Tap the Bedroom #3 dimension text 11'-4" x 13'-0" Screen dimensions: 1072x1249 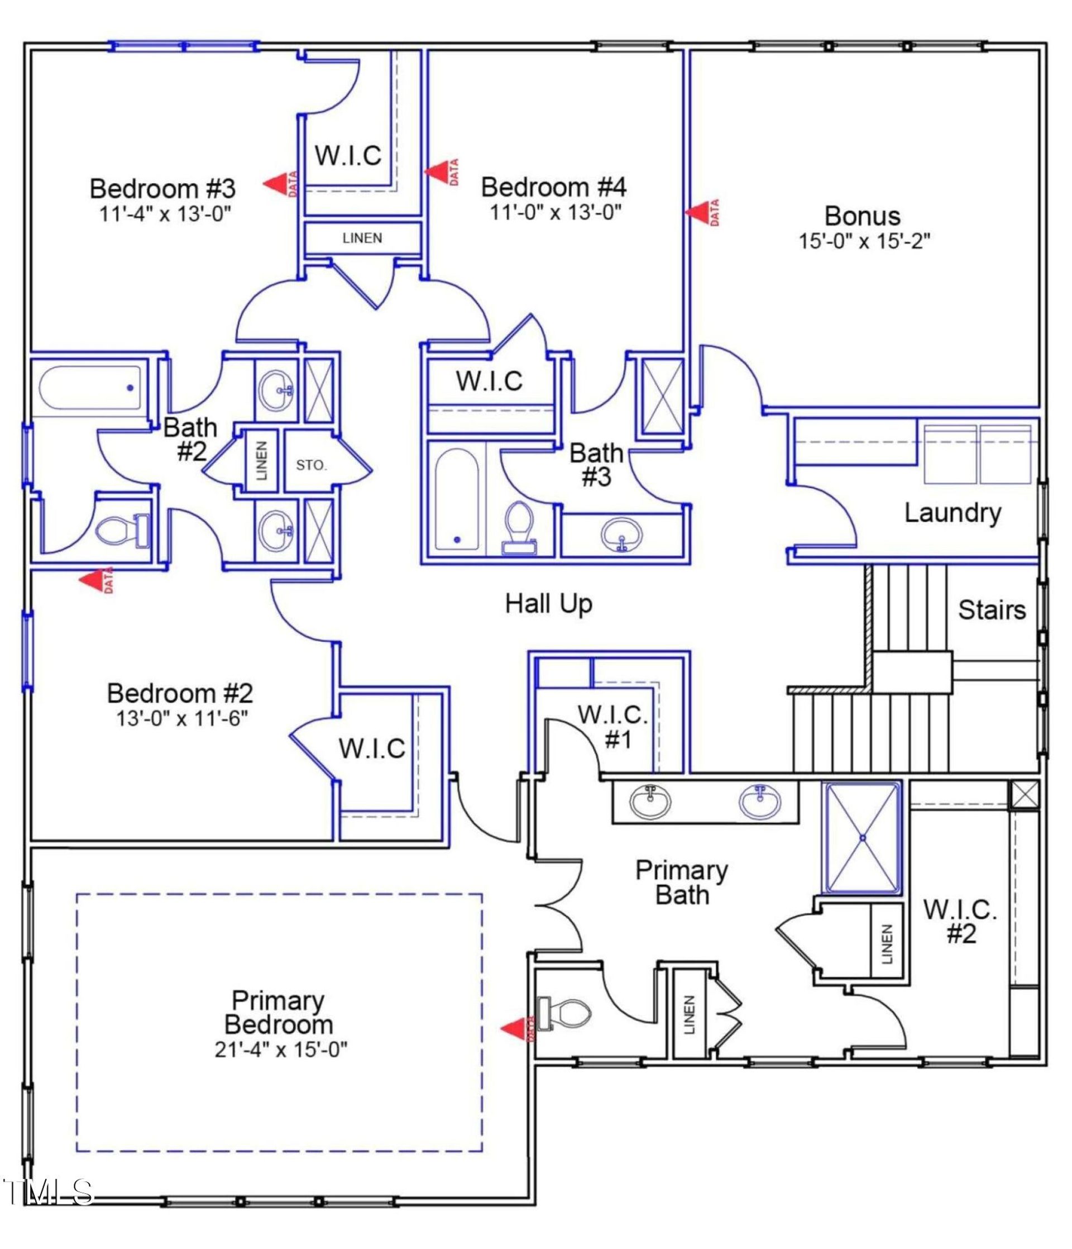[166, 214]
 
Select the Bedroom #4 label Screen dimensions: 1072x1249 [553, 187]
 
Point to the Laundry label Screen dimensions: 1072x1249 [952, 512]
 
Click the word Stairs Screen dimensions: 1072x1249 [991, 609]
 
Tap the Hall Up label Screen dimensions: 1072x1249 [548, 603]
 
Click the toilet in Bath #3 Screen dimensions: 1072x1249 [519, 527]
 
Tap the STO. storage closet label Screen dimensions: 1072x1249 [311, 465]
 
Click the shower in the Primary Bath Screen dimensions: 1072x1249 [862, 838]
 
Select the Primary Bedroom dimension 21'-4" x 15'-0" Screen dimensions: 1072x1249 [281, 1051]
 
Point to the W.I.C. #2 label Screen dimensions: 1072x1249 [960, 922]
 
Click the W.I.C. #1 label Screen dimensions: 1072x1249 [613, 726]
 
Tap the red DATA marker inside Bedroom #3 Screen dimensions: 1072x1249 [281, 183]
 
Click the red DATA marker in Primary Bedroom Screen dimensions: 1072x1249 [517, 1029]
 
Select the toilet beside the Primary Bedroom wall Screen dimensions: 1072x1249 [565, 1013]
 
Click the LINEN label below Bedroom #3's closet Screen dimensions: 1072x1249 [362, 238]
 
